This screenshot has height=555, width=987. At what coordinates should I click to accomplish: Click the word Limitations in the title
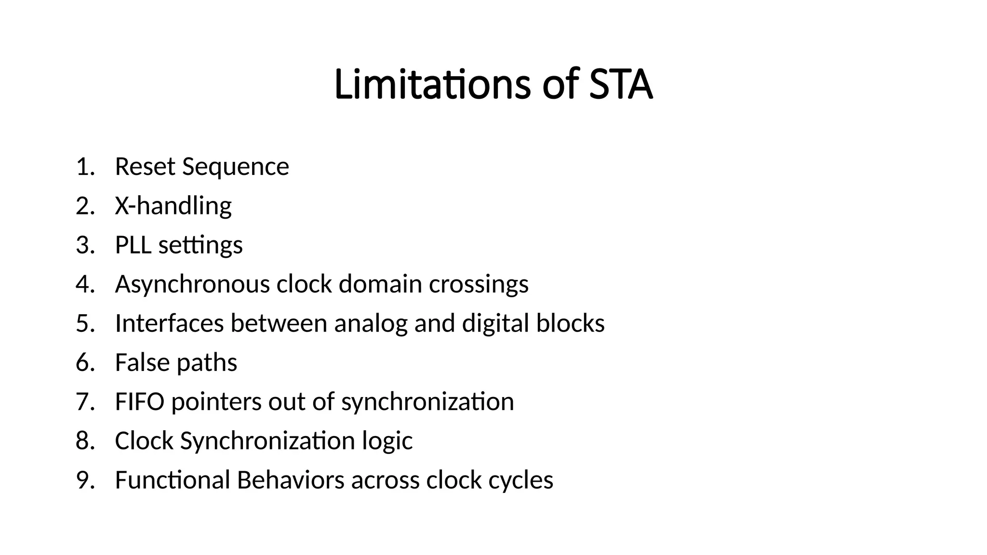432,85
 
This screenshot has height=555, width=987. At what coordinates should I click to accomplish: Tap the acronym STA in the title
621,85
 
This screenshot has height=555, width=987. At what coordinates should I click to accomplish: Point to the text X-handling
173,206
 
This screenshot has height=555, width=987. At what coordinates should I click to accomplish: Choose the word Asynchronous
192,284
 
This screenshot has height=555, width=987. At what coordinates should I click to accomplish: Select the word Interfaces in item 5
169,323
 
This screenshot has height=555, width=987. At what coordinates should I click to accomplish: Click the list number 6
84,363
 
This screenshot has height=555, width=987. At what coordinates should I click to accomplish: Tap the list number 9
84,480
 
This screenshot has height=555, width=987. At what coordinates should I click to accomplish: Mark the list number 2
84,206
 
